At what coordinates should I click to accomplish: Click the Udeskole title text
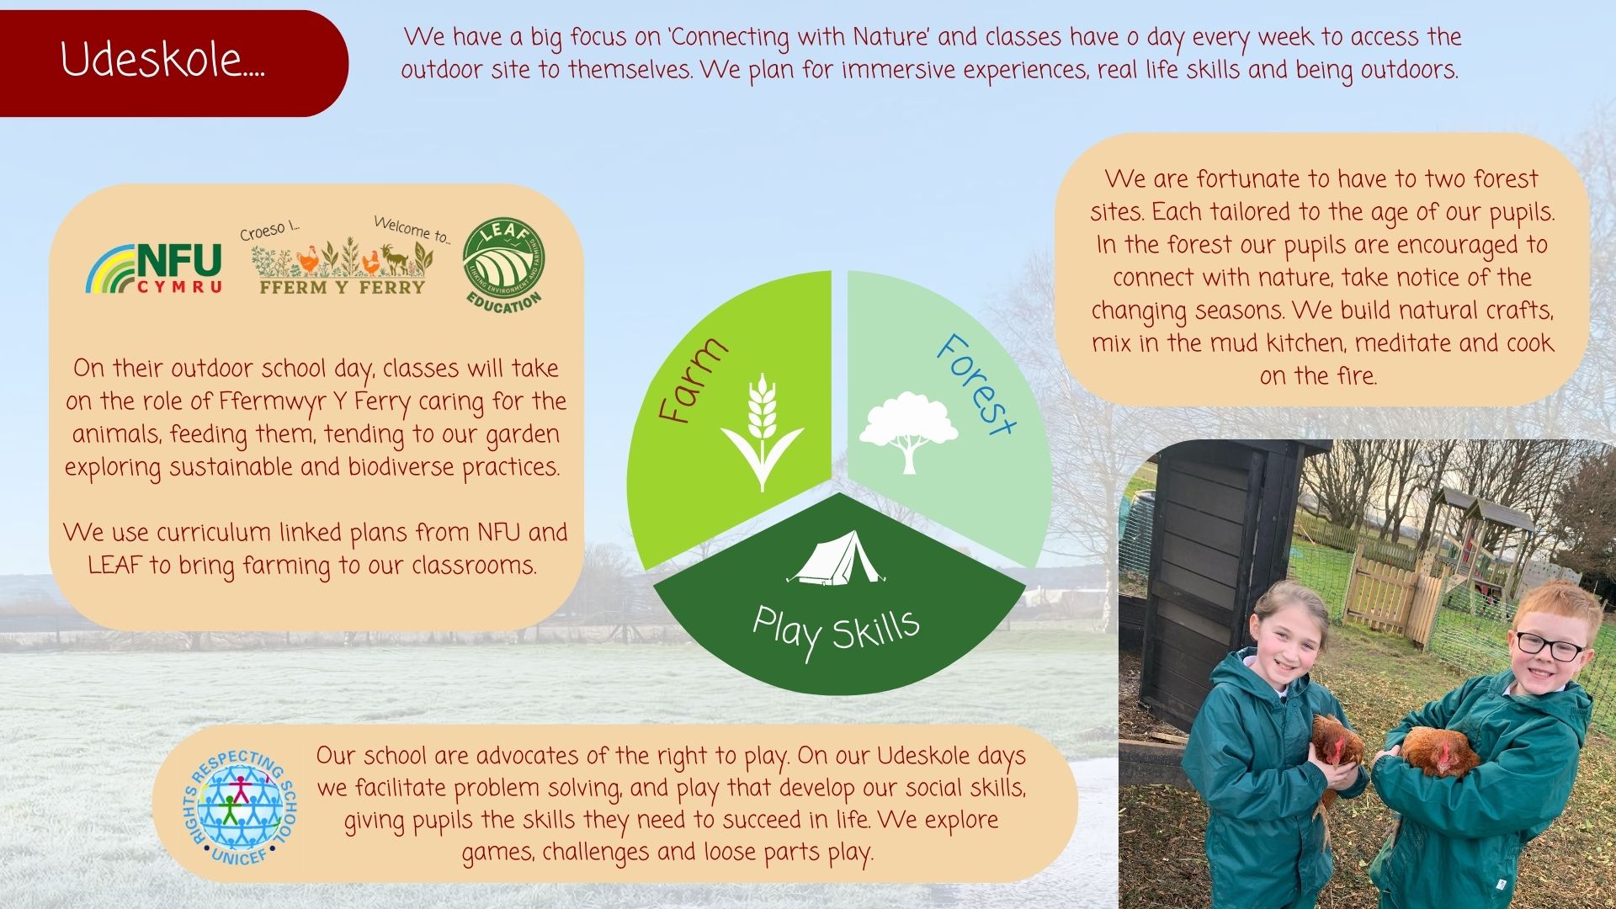pyautogui.click(x=162, y=61)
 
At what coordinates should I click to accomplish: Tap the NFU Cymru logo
pyautogui.click(x=154, y=268)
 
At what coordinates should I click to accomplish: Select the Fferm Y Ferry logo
pyautogui.click(x=343, y=256)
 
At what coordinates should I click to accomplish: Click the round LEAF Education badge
pyautogui.click(x=504, y=264)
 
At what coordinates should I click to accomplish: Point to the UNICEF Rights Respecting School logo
pyautogui.click(x=241, y=805)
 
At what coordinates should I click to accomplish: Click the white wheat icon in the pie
pyautogui.click(x=762, y=432)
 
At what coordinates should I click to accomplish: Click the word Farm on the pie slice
pyautogui.click(x=693, y=380)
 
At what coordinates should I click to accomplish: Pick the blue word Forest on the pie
pyautogui.click(x=976, y=384)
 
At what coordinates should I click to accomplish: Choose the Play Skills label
pyautogui.click(x=836, y=631)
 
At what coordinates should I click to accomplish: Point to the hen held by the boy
pyautogui.click(x=1438, y=751)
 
